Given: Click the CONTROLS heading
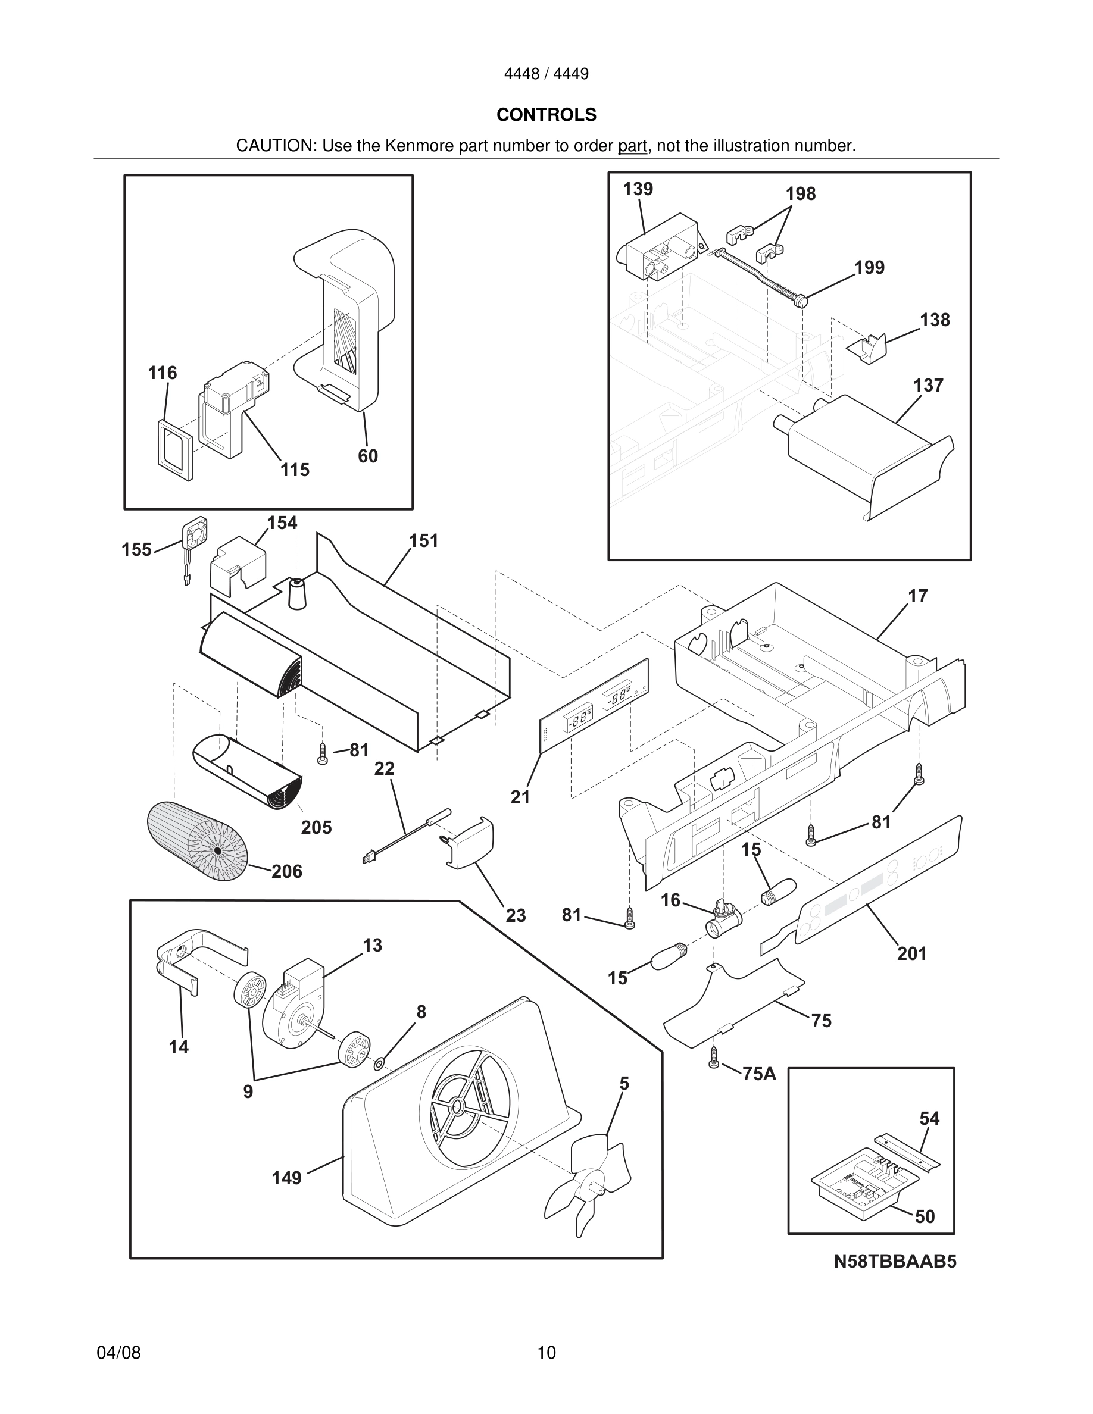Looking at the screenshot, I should pos(546,115).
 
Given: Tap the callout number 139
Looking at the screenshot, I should pos(638,189).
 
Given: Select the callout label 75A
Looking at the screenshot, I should pos(759,1074).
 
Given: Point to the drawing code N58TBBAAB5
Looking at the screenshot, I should pos(894,1262).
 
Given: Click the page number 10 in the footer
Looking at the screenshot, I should pos(546,1353).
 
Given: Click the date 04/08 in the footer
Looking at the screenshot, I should pos(118,1353).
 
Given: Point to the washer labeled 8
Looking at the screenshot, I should pos(379,1062).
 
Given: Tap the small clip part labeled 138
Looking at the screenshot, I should pos(867,349).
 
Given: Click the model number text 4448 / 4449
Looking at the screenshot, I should pos(546,74).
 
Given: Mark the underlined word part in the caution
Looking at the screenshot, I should pos(632,146).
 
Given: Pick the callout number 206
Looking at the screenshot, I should pos(287,871).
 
